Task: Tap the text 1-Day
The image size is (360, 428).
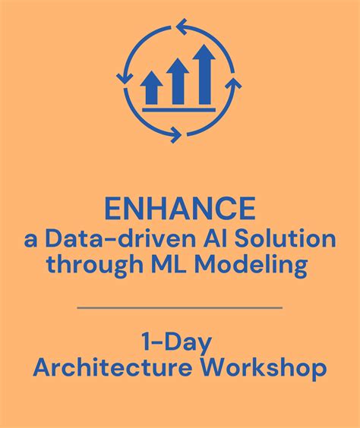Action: point(179,340)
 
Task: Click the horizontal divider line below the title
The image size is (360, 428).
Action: point(180,307)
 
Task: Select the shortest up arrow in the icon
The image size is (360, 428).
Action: point(152,88)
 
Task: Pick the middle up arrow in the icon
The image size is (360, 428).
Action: point(178,81)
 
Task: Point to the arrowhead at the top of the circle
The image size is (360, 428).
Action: point(182,28)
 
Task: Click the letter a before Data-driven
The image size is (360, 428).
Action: point(30,241)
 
